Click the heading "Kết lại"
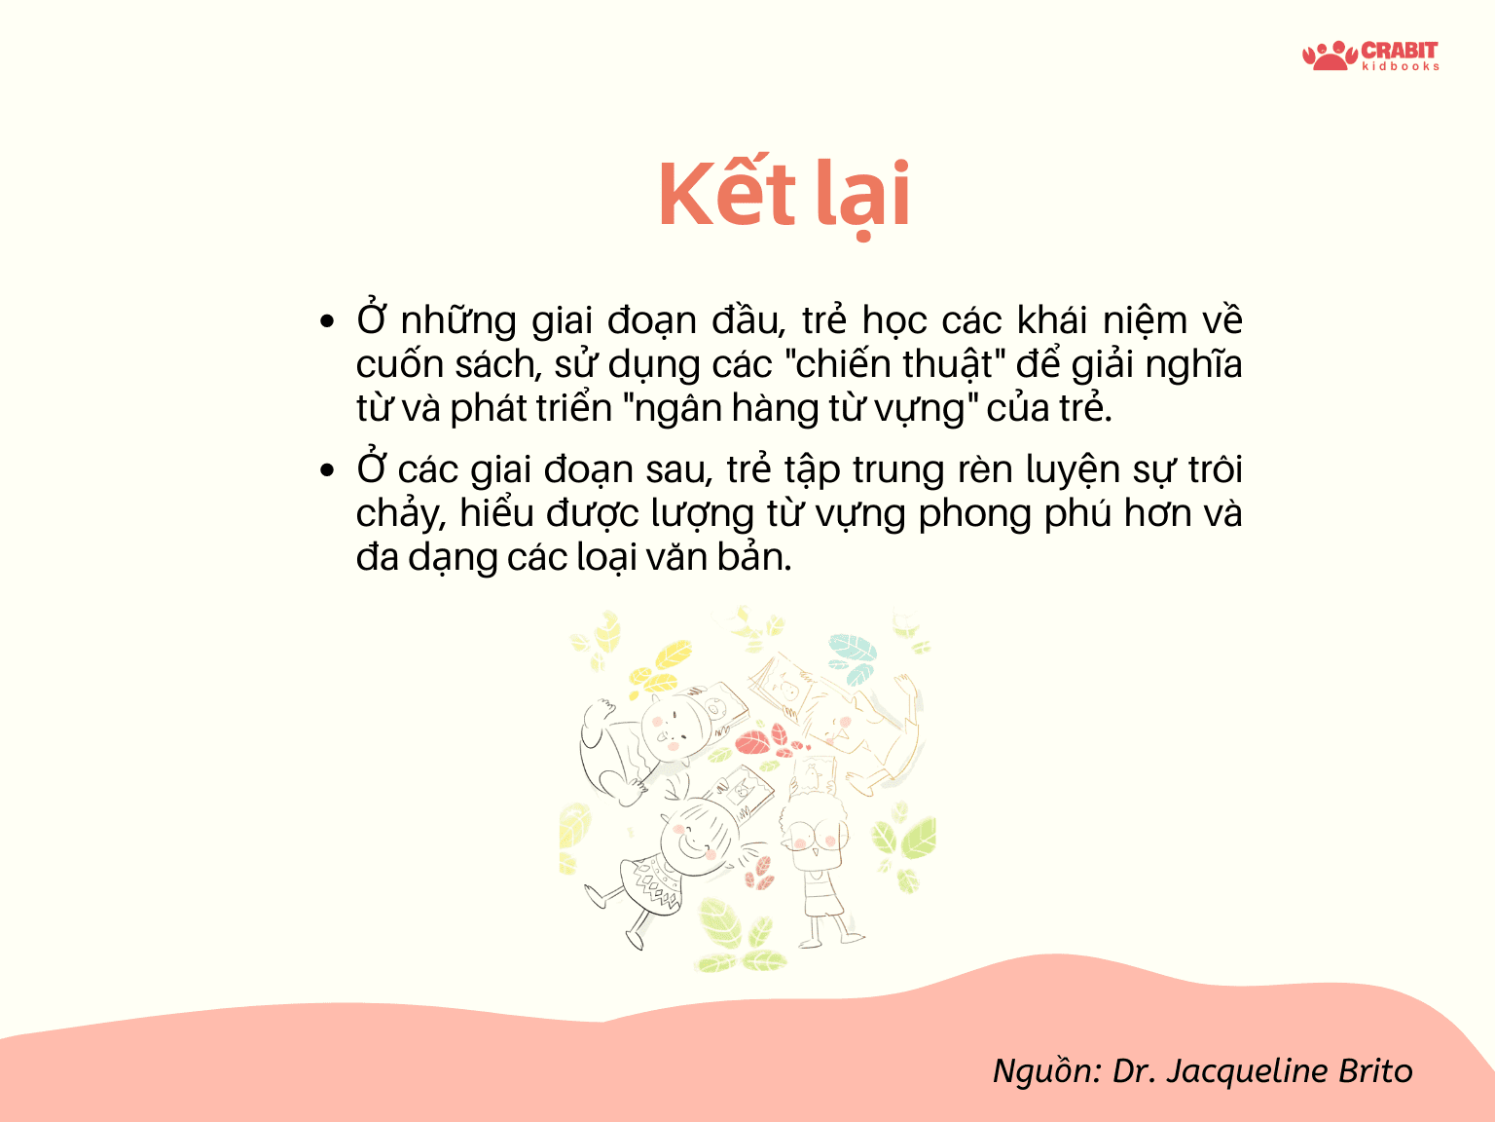pos(784,196)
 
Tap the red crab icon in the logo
pos(1330,56)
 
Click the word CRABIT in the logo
pos(1399,51)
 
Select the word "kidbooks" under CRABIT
pos(1400,67)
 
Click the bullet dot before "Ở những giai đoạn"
pos(327,320)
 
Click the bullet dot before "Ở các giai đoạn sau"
pos(327,470)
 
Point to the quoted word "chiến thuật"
pos(893,364)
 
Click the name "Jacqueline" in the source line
pos(1246,1071)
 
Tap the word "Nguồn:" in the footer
pos(1047,1071)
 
